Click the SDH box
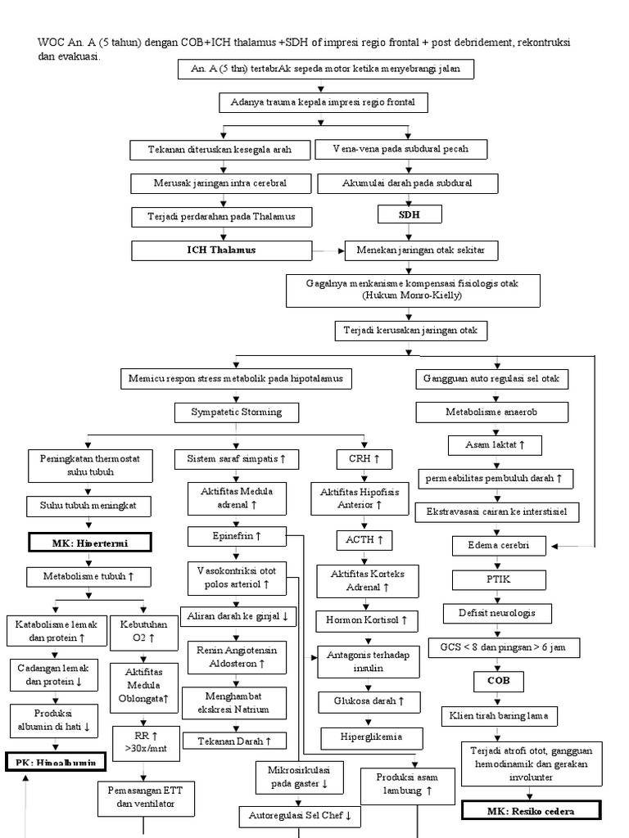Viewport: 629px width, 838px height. pos(410,214)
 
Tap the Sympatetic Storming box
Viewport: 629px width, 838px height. pos(236,412)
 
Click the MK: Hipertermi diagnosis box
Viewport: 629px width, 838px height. pos(79,543)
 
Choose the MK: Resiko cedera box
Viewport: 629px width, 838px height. pos(530,811)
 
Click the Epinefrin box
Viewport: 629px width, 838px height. pos(236,536)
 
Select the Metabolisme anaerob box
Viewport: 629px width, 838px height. pos(491,412)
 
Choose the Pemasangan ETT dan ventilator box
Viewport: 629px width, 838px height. pos(146,798)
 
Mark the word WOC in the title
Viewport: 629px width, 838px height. pos(51,43)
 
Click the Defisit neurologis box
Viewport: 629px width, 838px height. pos(497,613)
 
